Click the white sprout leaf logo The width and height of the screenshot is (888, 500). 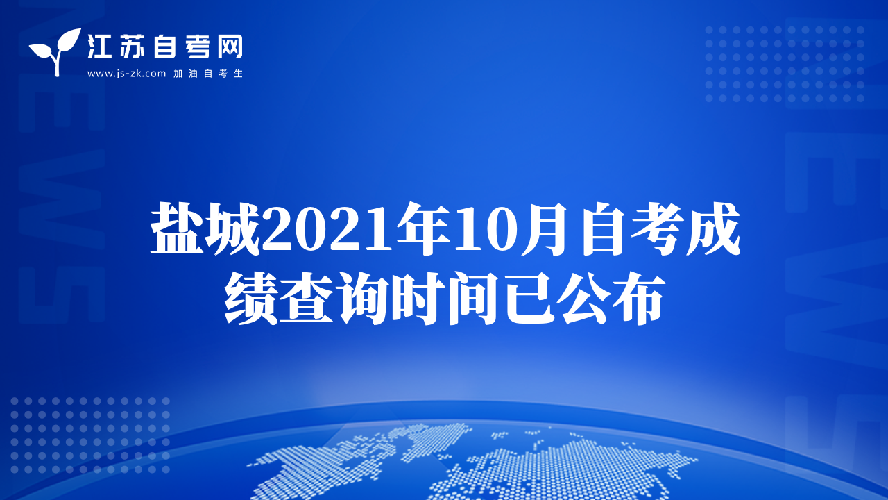point(55,51)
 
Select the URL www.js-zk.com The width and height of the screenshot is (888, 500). point(126,74)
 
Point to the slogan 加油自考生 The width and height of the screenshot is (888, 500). point(208,74)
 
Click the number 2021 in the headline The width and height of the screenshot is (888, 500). point(328,230)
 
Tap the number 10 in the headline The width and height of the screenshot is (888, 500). point(486,230)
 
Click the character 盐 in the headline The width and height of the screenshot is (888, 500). point(177,228)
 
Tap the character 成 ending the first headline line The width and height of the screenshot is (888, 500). point(714,228)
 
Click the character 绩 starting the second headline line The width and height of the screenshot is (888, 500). point(251,299)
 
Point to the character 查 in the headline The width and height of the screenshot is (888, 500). point(306,299)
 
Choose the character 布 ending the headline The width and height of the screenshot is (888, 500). point(638,299)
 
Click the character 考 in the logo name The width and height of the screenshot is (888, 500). point(198,46)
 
